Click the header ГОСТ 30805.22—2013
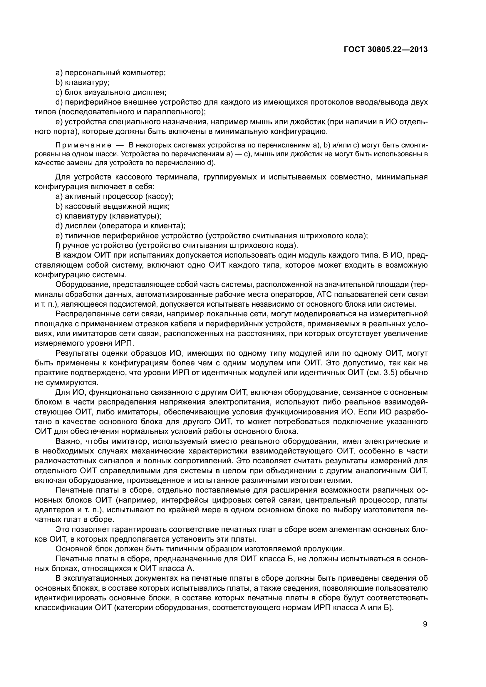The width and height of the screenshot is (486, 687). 386,50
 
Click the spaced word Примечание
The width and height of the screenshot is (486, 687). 83,145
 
